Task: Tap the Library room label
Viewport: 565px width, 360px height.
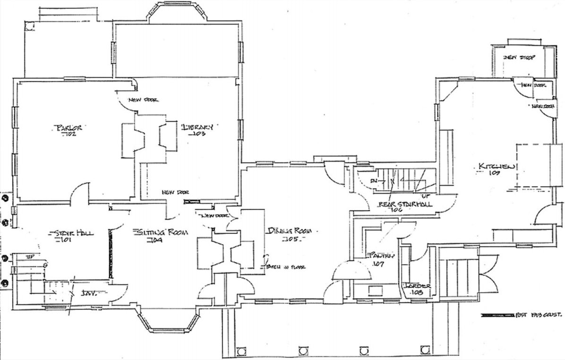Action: (198, 127)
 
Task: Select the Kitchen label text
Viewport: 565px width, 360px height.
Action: (496, 166)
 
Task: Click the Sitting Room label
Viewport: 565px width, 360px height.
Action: (161, 232)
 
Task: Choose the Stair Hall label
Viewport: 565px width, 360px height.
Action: (73, 233)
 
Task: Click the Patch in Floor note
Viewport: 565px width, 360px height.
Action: (286, 267)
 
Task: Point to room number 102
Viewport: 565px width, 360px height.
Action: (69, 135)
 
